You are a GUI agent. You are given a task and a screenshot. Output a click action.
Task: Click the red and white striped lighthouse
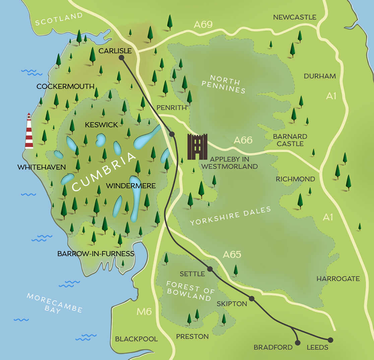(x=29, y=132)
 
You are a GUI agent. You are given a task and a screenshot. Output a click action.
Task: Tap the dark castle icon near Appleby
(x=197, y=147)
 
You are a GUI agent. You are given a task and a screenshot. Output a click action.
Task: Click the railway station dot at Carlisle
(x=122, y=58)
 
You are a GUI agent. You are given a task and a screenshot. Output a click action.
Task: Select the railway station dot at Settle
(x=210, y=269)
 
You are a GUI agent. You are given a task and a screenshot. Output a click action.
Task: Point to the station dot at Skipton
(x=252, y=299)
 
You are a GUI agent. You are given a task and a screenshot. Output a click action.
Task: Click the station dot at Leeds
(x=330, y=340)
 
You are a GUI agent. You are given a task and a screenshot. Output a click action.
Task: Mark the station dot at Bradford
(x=298, y=343)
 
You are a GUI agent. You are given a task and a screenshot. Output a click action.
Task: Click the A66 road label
(x=243, y=140)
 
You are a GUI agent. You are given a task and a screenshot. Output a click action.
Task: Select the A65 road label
(x=232, y=255)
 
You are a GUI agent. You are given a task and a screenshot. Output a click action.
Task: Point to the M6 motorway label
(x=144, y=312)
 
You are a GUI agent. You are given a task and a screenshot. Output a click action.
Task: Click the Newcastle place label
(x=295, y=17)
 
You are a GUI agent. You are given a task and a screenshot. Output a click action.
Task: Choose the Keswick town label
(x=102, y=125)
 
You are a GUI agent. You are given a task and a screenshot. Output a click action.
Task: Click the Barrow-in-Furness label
(x=96, y=254)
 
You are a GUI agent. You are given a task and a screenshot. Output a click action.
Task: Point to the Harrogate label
(x=338, y=278)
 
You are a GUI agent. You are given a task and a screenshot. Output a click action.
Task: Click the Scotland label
(x=59, y=19)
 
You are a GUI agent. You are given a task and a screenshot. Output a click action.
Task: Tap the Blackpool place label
(x=136, y=339)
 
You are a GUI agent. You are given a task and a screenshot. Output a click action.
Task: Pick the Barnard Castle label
(x=290, y=140)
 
